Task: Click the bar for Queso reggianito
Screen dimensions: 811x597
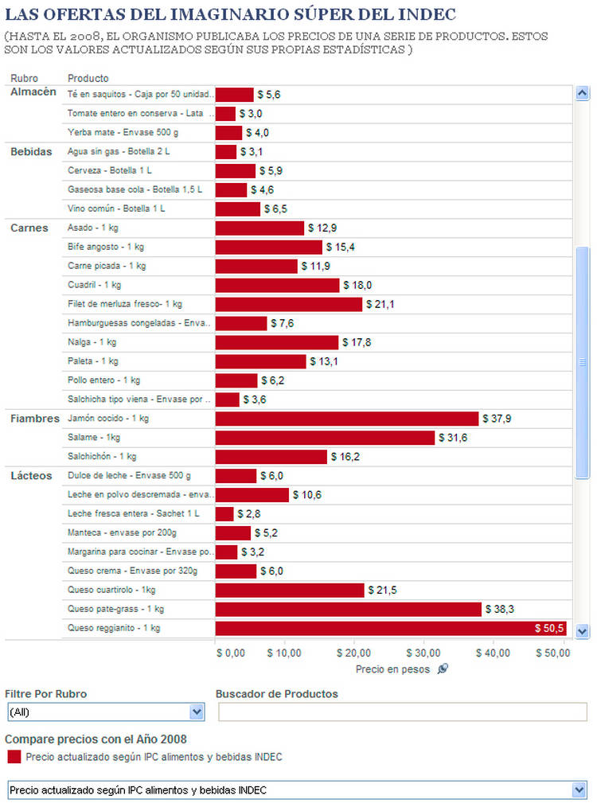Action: click(390, 628)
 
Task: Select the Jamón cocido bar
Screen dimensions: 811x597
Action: click(347, 419)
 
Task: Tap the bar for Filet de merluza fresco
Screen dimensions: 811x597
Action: click(289, 304)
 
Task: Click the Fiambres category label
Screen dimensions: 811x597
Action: click(35, 419)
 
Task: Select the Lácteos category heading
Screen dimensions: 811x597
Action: click(31, 476)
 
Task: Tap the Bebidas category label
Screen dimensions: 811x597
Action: click(31, 152)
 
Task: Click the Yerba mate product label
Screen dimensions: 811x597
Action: click(112, 133)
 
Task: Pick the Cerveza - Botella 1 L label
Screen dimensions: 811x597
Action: click(110, 171)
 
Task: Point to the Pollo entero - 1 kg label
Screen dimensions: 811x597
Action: click(104, 380)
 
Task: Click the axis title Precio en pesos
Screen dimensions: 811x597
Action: click(392, 669)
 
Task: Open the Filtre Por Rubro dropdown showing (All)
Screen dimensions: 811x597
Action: click(105, 712)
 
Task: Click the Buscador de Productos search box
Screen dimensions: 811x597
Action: click(403, 712)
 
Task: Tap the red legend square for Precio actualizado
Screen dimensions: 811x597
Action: click(13, 757)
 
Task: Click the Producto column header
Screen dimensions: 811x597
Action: click(88, 78)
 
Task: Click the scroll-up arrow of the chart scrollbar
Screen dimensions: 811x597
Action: click(582, 94)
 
